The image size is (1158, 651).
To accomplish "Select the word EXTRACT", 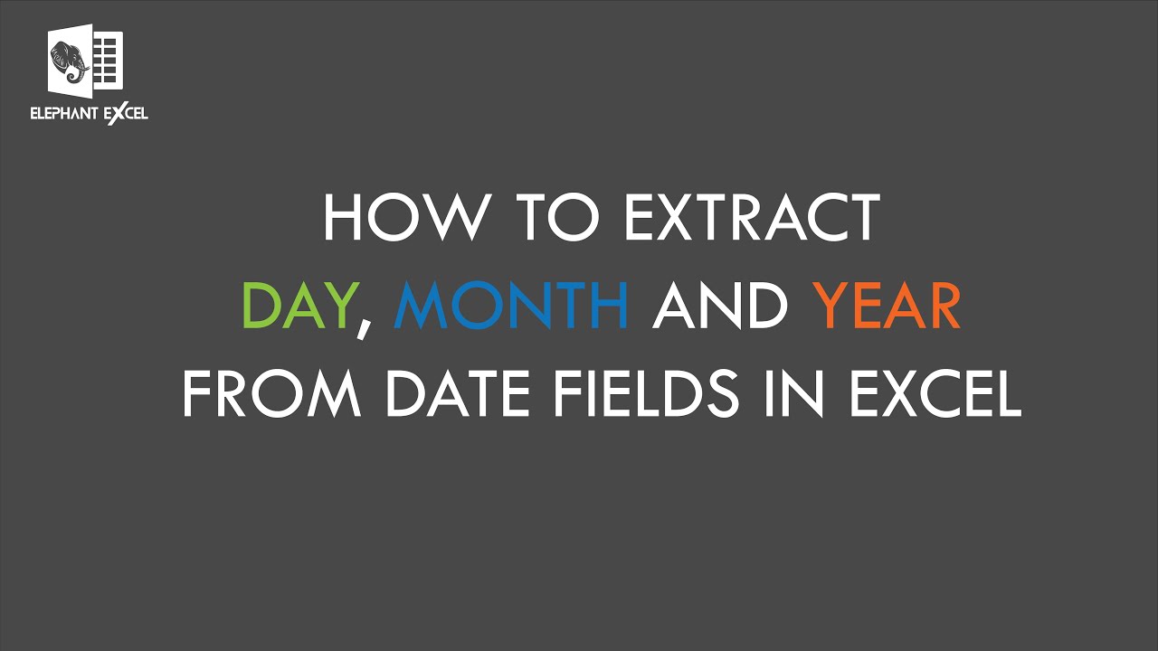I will (750, 217).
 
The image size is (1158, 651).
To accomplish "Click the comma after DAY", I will (363, 327).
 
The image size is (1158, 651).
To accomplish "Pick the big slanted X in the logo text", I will (112, 114).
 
